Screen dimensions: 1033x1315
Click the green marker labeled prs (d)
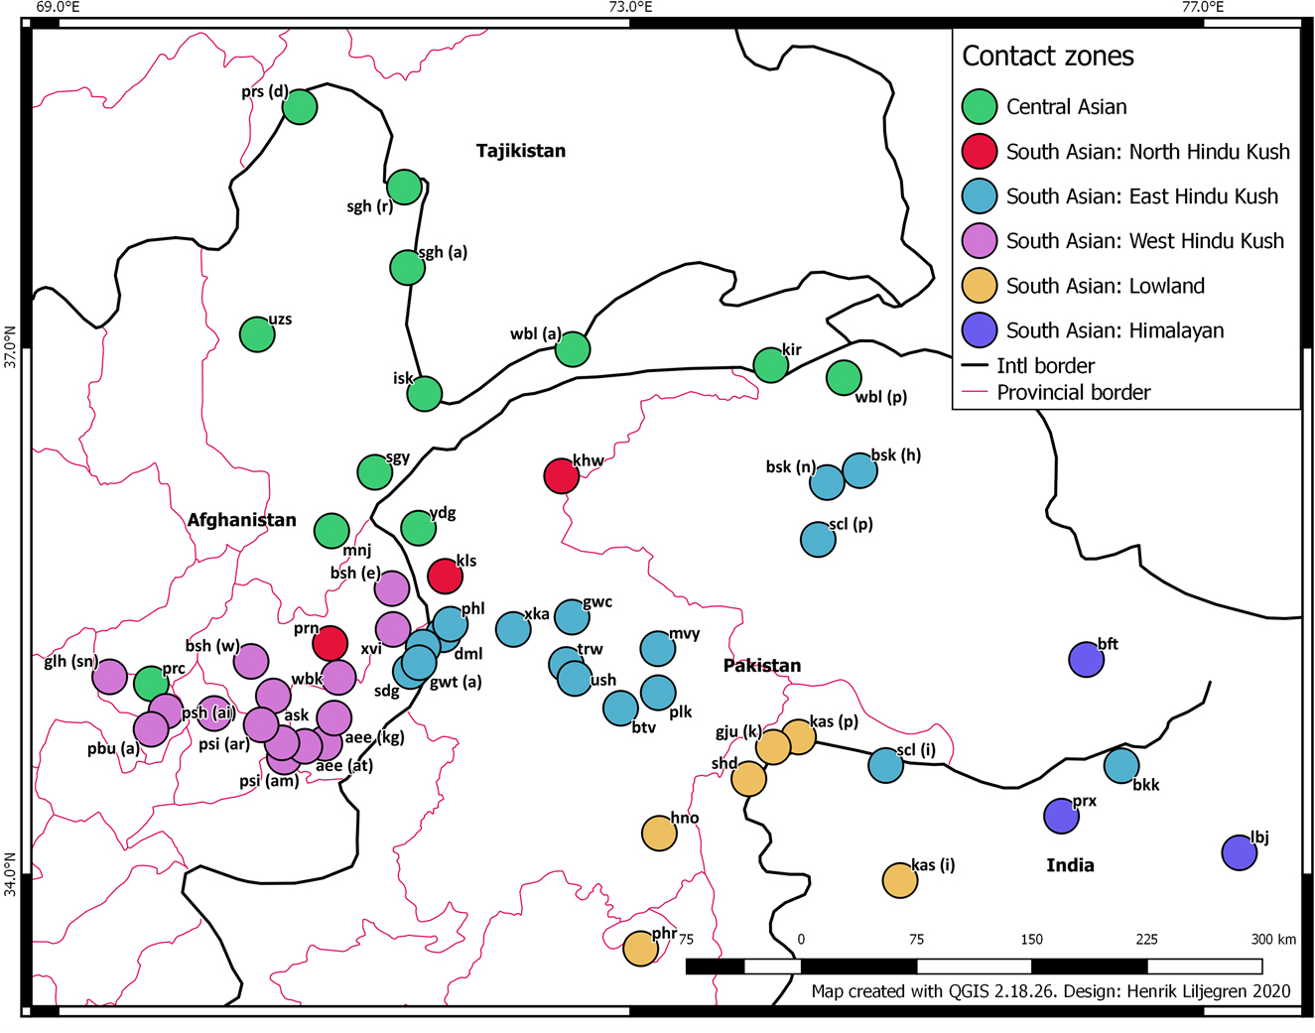tap(300, 107)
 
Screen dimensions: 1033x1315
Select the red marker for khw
tap(562, 476)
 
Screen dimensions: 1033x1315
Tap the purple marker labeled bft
tap(1087, 659)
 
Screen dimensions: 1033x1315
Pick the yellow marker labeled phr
tap(640, 949)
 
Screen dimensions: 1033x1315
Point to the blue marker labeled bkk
tap(1121, 766)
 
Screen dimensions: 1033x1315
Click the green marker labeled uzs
tap(257, 335)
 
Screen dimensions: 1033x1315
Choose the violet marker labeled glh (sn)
tap(110, 677)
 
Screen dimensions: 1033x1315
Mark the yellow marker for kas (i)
tap(899, 880)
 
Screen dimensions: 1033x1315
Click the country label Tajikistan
tap(521, 151)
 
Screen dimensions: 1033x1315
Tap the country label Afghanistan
tap(241, 520)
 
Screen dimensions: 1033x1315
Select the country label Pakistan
tap(761, 666)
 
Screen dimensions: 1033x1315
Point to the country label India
tap(1070, 865)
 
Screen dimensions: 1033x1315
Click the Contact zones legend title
tap(1047, 57)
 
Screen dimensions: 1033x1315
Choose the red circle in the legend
tap(980, 152)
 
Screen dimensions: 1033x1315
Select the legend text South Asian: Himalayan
tap(1115, 330)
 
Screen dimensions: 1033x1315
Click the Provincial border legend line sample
tap(976, 393)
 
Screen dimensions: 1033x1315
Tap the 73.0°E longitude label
tap(630, 8)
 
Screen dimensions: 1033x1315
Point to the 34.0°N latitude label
tap(10, 874)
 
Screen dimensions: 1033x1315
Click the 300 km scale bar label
tap(1272, 940)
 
